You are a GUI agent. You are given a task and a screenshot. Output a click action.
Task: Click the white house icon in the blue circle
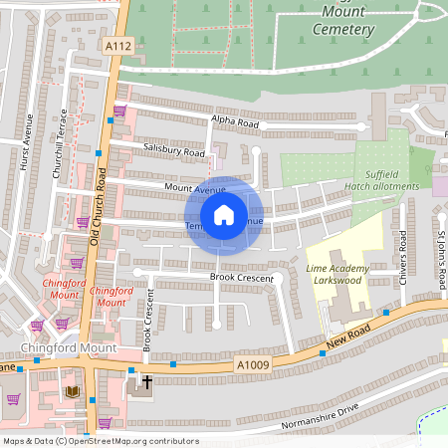(x=224, y=214)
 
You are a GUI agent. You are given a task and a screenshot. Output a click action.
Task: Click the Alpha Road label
(x=234, y=122)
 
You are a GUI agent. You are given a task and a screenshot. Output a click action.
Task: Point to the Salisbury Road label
(x=172, y=152)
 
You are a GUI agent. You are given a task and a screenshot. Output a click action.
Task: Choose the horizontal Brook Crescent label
(x=241, y=277)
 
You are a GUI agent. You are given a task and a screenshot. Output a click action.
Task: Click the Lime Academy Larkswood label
(x=337, y=274)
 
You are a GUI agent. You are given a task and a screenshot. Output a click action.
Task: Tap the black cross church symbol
(x=147, y=381)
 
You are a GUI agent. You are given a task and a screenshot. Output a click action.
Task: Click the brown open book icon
(x=71, y=391)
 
